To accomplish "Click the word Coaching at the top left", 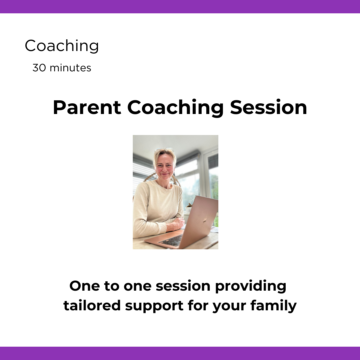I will pos(62,46).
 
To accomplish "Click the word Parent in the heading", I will pos(87,108).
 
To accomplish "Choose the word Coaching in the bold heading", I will pos(175,108).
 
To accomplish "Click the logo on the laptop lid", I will pos(205,220).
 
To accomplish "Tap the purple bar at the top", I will pos(180,6).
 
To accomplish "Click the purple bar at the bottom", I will pos(180,353).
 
